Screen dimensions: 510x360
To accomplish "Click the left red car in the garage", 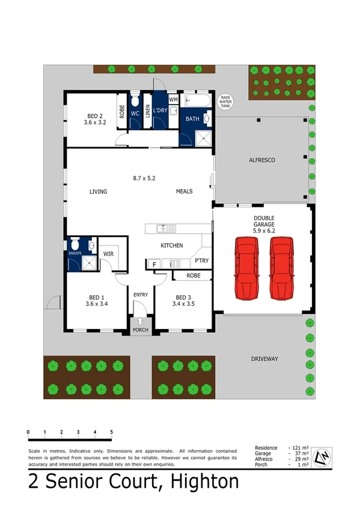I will pos(247,268).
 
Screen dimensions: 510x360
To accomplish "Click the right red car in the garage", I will pos(281,268).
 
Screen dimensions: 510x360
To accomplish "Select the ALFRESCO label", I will pos(261,161).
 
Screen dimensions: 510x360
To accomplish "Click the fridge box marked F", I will pos(154,264).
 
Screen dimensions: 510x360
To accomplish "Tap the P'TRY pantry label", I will pos(200,261).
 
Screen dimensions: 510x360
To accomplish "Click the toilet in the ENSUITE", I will pos(75,244).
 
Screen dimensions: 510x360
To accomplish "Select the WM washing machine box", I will pos(173,99).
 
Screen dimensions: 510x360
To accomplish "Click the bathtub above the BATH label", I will pos(196,100).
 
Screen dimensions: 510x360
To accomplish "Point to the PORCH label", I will pos(140,330).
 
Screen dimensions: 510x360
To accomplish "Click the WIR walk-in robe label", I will pos(109,254).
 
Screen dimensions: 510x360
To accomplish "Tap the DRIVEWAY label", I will pos(264,359).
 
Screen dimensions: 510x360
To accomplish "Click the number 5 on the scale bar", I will pos(112,432).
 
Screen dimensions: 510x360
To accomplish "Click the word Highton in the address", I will pos(204,482).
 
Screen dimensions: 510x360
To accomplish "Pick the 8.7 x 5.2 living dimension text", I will pos(147,178).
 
